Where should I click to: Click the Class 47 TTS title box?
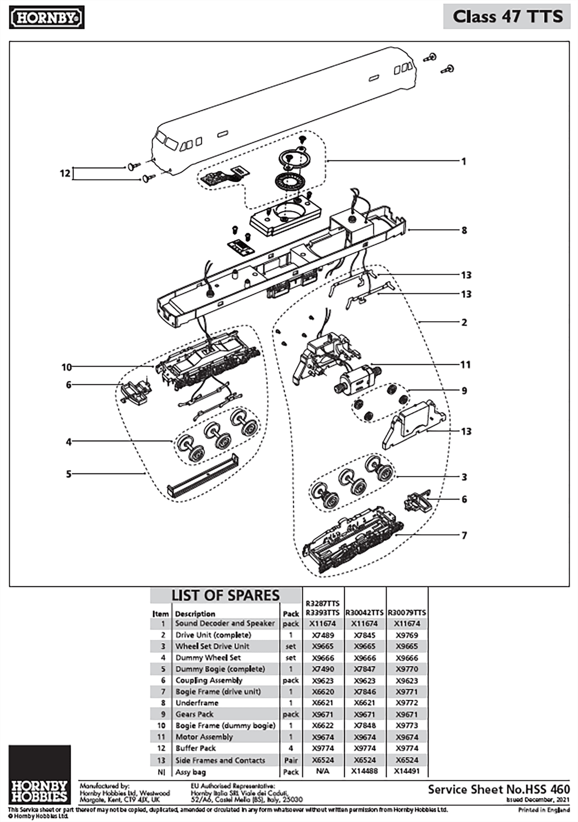[x=507, y=17]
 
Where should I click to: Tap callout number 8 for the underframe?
[x=464, y=230]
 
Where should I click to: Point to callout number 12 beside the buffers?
[x=65, y=174]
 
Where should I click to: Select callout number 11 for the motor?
[x=465, y=365]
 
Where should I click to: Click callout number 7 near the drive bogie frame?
[x=464, y=535]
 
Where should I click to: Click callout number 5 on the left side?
[x=68, y=474]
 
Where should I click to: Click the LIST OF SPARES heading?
[x=225, y=595]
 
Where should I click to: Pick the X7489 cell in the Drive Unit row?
[x=323, y=635]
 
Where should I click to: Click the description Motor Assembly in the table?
[x=204, y=737]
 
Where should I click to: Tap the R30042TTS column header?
[x=365, y=612]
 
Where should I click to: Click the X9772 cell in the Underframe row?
[x=407, y=703]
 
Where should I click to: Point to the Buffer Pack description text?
[x=195, y=748]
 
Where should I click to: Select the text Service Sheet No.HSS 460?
[x=499, y=790]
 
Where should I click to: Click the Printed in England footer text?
[x=544, y=810]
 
